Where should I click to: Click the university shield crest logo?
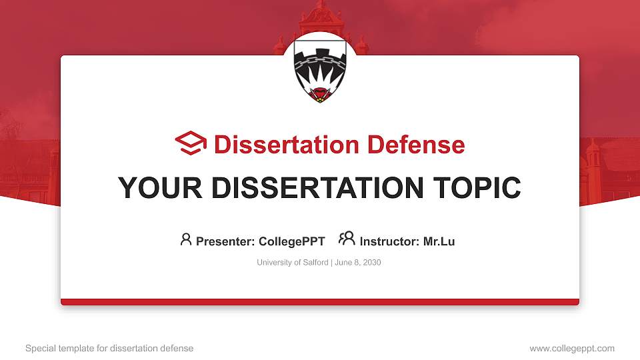point(319,73)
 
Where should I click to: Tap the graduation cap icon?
point(191,143)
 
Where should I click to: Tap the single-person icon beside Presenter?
point(186,239)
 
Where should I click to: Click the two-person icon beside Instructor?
point(347,239)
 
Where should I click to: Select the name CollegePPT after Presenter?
point(292,241)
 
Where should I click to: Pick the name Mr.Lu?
point(439,241)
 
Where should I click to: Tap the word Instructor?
point(389,241)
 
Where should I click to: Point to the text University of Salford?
point(292,263)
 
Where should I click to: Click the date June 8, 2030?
point(357,263)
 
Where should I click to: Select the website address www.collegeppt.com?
point(572,349)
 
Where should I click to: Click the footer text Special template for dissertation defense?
point(109,349)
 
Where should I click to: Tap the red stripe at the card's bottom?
point(320,302)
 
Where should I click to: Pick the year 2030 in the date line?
point(371,263)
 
